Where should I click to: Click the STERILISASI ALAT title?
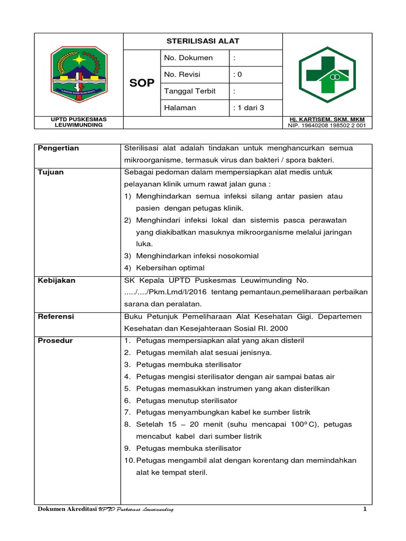(203, 41)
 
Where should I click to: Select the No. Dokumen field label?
(189, 58)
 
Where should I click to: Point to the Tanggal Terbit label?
(190, 91)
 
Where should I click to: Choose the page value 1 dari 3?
(248, 108)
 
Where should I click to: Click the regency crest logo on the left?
(79, 74)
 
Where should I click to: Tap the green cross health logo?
(327, 75)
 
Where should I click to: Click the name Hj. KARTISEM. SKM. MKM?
(327, 119)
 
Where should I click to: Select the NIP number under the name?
(327, 126)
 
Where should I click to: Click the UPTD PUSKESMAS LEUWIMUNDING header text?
(79, 123)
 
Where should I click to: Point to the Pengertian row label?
(59, 148)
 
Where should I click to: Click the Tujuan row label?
(51, 172)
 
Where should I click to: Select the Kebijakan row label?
(57, 281)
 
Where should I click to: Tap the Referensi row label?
(56, 316)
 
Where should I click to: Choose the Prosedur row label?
(56, 341)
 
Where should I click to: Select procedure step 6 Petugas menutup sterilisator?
(187, 400)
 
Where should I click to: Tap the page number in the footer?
(365, 509)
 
